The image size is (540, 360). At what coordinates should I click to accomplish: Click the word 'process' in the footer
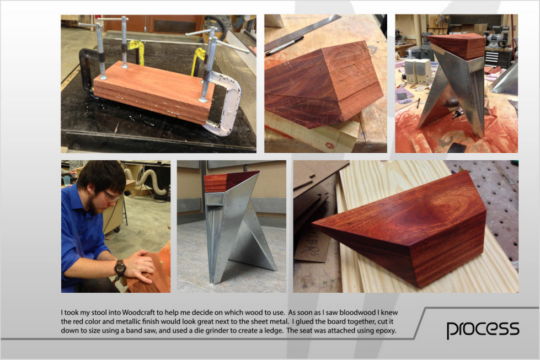tap(483, 330)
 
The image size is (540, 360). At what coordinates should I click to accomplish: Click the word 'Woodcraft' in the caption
tap(138, 313)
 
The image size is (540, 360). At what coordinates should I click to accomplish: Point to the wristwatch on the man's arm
tap(120, 268)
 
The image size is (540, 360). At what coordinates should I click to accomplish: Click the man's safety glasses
tap(111, 196)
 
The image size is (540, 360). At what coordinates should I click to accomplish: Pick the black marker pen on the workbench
tap(285, 46)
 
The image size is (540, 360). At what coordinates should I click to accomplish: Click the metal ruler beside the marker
tap(302, 33)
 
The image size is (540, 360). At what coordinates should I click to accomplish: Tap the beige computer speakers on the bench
tap(418, 71)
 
